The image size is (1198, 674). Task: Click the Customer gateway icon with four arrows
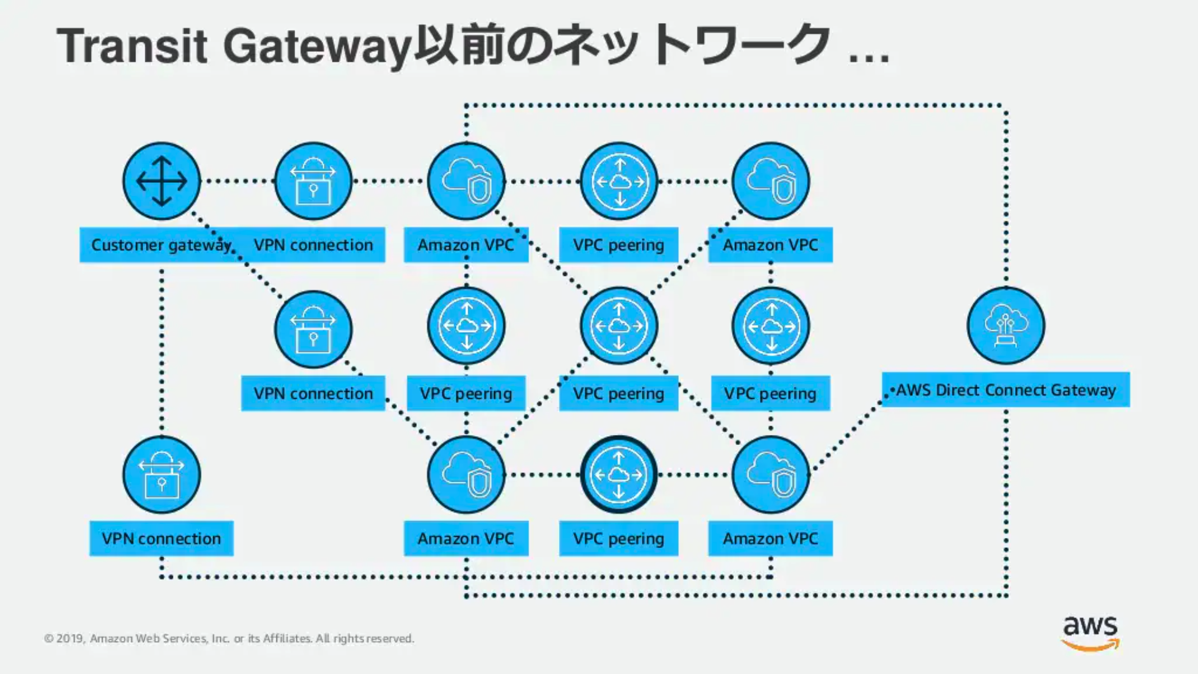pos(162,182)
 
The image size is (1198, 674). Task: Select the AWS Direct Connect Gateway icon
pos(1006,325)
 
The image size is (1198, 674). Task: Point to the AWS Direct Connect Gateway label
pos(1006,390)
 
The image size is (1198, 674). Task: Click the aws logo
pos(1090,632)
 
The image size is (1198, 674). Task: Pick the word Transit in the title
pos(132,46)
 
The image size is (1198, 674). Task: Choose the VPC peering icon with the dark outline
pos(618,475)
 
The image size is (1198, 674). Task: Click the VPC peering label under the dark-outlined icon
pos(618,539)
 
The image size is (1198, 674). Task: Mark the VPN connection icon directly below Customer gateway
pos(162,475)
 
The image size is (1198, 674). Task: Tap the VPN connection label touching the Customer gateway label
pos(313,245)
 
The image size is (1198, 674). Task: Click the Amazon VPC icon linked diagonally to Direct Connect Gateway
pos(771,475)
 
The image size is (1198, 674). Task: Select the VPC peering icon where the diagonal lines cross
pos(618,325)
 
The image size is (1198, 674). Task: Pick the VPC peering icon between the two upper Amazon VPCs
pos(618,182)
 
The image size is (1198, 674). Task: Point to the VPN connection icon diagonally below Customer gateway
pos(313,330)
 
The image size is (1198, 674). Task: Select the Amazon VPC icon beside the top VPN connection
pos(466,182)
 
